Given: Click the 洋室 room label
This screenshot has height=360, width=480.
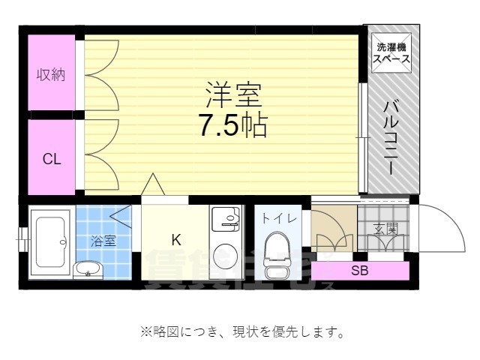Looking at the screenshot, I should point(233,96).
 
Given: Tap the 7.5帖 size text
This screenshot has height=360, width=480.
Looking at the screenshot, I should point(233,126).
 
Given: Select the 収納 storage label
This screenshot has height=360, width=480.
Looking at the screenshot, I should point(52,74).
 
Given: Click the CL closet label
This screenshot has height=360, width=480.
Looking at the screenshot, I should point(51,159).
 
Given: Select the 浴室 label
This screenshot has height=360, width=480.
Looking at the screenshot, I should point(103,241).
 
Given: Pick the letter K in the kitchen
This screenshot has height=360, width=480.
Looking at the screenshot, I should point(176,240).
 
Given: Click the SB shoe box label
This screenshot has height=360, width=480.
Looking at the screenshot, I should point(360,271).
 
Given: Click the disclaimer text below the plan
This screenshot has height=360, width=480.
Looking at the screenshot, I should point(241,331).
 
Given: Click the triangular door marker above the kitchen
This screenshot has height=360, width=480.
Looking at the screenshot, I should point(154,184).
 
